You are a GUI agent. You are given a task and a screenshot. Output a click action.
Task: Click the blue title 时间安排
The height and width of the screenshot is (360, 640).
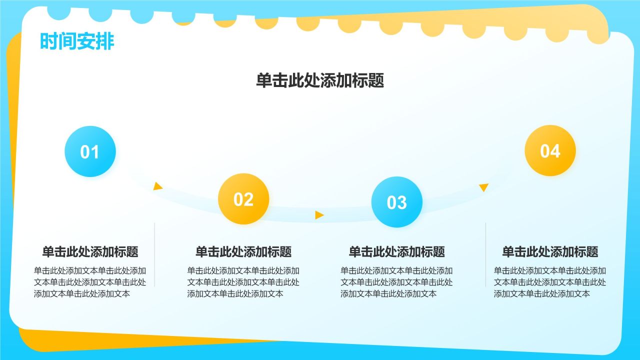click(77, 41)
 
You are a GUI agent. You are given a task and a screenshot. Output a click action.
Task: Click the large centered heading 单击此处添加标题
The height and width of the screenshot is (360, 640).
click(320, 80)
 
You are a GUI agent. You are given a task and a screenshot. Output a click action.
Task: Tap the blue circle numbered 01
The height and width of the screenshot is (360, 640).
click(90, 151)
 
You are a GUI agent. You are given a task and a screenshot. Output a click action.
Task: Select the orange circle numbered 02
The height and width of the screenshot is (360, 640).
click(243, 199)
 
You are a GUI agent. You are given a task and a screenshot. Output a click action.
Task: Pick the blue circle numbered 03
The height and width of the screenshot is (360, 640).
click(397, 202)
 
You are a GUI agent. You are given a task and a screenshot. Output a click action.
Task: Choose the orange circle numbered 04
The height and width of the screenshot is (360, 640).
click(550, 150)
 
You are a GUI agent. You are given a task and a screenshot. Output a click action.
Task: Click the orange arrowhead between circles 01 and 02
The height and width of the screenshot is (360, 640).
click(157, 186)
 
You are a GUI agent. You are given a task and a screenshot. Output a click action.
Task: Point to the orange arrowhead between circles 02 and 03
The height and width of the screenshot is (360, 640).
click(319, 215)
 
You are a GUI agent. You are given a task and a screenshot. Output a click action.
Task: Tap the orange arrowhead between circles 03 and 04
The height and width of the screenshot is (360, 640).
click(483, 187)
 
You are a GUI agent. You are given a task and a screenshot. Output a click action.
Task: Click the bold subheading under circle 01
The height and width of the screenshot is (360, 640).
click(90, 251)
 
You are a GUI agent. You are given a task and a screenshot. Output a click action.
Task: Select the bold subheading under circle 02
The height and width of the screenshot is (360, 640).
click(243, 251)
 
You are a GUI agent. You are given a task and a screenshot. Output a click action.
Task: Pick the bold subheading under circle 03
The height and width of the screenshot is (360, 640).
click(397, 251)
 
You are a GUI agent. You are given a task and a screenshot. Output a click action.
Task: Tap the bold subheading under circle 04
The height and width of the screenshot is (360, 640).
click(550, 251)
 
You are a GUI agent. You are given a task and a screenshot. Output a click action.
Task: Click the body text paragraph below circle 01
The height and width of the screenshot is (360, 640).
click(90, 282)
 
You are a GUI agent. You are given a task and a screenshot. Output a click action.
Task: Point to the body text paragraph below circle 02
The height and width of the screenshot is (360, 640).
click(243, 282)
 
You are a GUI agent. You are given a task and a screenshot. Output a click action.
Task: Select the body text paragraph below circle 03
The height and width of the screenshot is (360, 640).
click(396, 282)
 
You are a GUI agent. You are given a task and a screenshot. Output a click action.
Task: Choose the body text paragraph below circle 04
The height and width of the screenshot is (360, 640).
click(550, 282)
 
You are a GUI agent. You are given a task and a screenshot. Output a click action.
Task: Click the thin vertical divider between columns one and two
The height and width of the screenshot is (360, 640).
click(154, 254)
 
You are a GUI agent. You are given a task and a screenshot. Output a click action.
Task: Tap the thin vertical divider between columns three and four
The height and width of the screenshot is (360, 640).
click(485, 254)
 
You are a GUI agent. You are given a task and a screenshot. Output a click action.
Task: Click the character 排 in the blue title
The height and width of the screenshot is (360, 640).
click(105, 41)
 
